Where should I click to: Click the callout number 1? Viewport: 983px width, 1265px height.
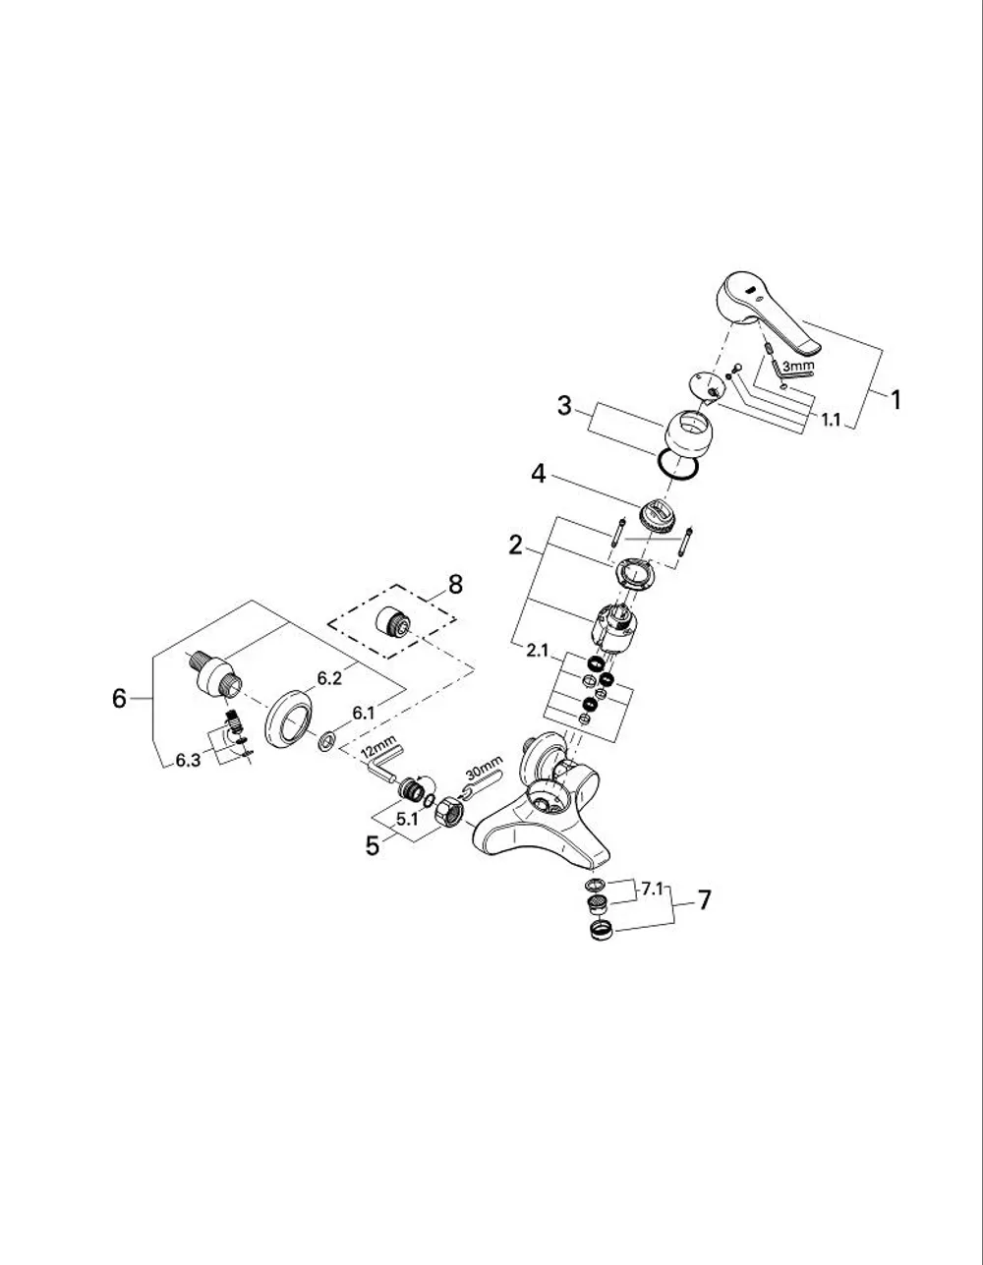(896, 400)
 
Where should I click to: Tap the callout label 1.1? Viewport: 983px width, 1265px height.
(831, 419)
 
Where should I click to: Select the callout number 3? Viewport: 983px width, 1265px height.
(564, 406)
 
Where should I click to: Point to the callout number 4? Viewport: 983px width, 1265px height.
(539, 474)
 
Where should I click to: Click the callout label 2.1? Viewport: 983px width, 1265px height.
(537, 651)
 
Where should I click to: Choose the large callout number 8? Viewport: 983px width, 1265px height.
(455, 584)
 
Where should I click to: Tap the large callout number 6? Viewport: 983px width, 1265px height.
(119, 698)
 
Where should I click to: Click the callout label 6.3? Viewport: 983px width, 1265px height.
(188, 761)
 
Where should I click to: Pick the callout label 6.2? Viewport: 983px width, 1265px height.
(329, 679)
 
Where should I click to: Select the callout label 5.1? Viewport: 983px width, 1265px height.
(407, 819)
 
